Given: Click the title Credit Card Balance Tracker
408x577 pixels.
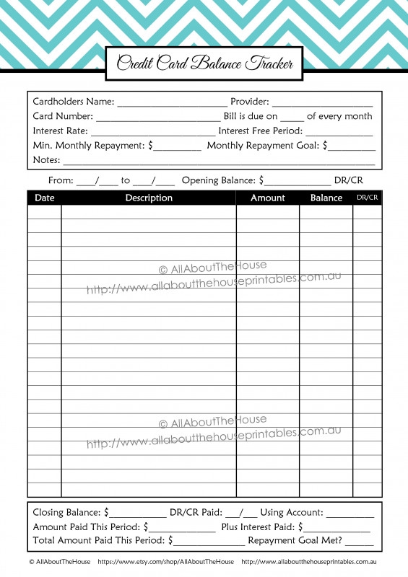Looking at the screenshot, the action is click(x=204, y=63).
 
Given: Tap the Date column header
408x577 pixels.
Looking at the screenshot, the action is click(x=45, y=198).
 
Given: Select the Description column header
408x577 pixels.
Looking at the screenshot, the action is click(x=149, y=198).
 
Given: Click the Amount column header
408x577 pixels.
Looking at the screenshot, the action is click(x=267, y=198).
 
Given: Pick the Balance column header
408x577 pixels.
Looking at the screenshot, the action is click(x=326, y=198).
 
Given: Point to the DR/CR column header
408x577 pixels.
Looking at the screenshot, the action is click(x=368, y=198).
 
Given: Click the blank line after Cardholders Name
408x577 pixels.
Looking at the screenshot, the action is click(x=172, y=103).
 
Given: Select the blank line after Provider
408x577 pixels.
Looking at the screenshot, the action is click(x=322, y=103).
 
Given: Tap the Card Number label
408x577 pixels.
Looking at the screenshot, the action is click(x=63, y=116).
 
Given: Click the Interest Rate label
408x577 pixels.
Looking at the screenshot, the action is click(x=60, y=131).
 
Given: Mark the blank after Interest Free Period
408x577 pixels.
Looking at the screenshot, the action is click(x=339, y=132).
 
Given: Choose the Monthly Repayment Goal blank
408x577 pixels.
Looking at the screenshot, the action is click(x=352, y=146).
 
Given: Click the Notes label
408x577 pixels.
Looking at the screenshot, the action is click(x=46, y=159).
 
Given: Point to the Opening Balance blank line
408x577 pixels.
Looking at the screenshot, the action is click(x=298, y=181).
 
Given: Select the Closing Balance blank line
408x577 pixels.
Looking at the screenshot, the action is click(x=138, y=514).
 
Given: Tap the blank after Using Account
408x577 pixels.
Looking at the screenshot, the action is click(x=350, y=514).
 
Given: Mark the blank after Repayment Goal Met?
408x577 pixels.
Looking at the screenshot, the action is click(x=360, y=541).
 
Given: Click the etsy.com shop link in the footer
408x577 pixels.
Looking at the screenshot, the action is click(x=165, y=562).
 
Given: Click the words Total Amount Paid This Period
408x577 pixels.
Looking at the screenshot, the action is click(x=99, y=540).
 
